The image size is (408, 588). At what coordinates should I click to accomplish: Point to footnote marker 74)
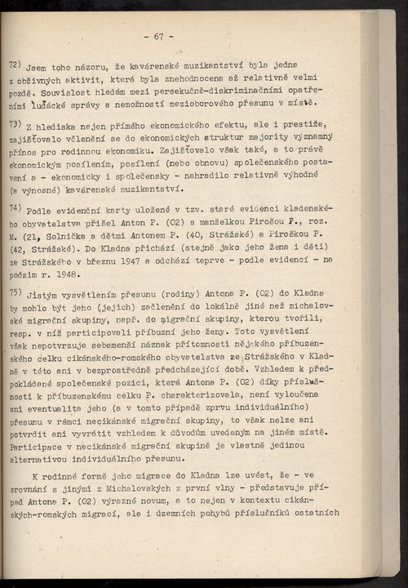pyautogui.click(x=15, y=207)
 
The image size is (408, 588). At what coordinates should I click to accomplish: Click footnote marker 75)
pyautogui.click(x=15, y=291)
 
